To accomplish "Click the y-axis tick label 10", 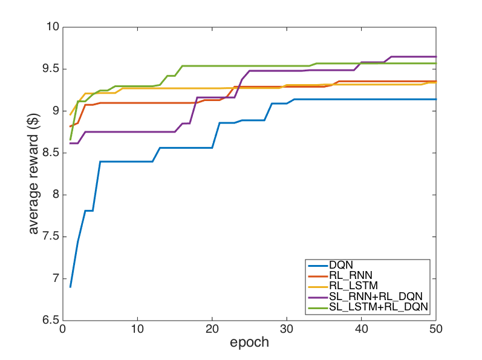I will [x=51, y=27].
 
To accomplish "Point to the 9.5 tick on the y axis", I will [x=49, y=69].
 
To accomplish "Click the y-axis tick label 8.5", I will [x=49, y=152].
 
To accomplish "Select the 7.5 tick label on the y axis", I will [x=49, y=237].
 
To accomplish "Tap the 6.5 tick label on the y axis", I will [x=49, y=321].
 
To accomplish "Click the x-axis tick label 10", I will [x=138, y=330].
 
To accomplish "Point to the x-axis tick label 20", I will [x=212, y=330].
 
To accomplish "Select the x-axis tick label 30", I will [x=287, y=330].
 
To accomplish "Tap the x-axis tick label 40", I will [x=362, y=330].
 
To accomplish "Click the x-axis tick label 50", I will [x=436, y=330].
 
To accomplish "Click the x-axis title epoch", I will [x=249, y=343].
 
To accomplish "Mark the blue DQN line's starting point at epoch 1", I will [x=70, y=287].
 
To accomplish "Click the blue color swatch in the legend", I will [x=317, y=266].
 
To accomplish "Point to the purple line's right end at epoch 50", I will [x=436, y=56].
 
